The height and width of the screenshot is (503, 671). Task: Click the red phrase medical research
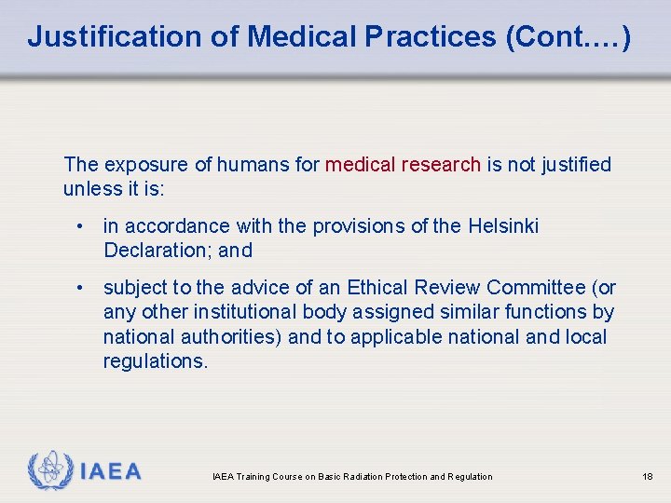(x=403, y=165)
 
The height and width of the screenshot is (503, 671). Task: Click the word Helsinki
(x=503, y=226)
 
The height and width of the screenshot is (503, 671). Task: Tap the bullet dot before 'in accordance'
(x=83, y=226)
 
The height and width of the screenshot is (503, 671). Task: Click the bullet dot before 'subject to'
(x=83, y=288)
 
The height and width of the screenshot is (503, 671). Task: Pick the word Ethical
(x=380, y=288)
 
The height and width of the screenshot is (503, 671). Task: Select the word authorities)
(x=236, y=336)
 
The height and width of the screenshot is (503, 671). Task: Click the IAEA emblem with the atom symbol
(x=48, y=469)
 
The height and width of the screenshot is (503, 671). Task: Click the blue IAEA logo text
(x=111, y=471)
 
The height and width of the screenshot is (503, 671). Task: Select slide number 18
(x=648, y=477)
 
